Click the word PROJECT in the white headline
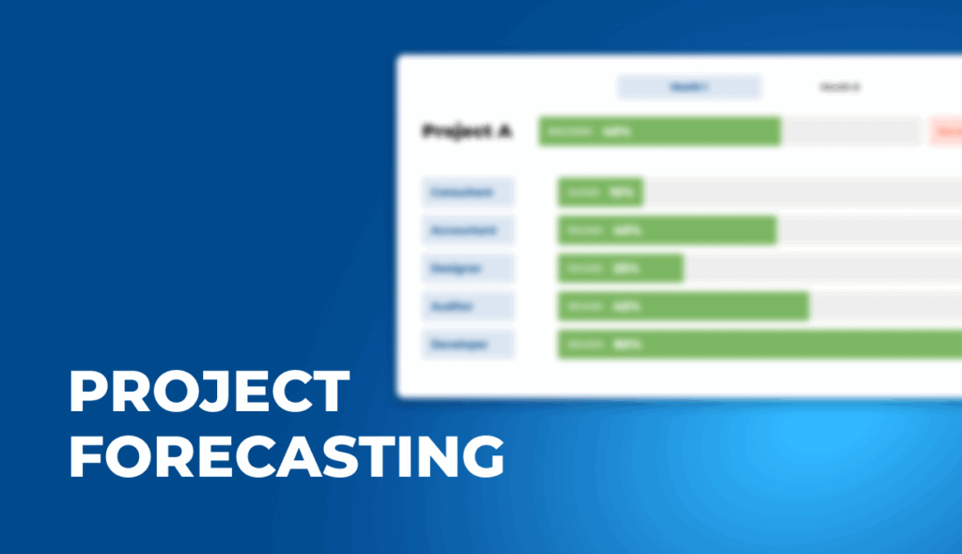209,392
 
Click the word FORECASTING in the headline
287,456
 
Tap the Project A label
467,131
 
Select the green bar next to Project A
659,131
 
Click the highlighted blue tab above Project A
689,87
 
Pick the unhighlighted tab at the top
839,87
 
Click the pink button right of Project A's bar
946,131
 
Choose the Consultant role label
467,192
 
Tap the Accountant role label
467,230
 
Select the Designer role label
467,268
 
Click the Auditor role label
467,306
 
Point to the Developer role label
467,345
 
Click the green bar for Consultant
600,192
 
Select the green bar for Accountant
667,230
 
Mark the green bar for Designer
620,268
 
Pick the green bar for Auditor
683,306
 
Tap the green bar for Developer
759,345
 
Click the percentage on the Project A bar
616,131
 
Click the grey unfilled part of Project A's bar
851,131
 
